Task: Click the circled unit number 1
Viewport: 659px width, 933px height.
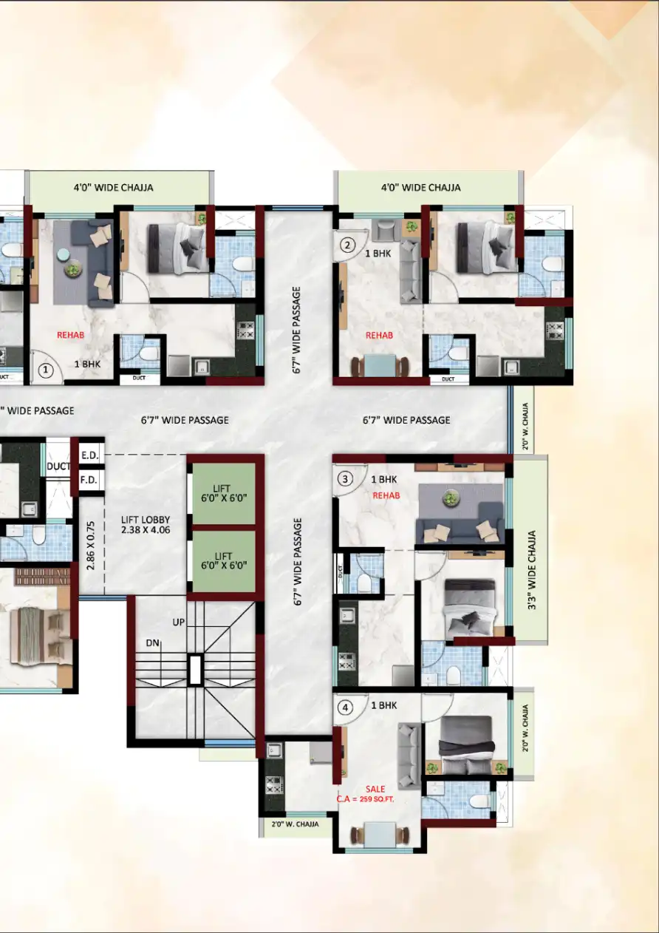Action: (47, 370)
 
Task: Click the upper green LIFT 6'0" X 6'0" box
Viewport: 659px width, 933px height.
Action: (223, 493)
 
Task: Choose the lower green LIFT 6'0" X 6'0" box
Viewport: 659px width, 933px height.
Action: (223, 561)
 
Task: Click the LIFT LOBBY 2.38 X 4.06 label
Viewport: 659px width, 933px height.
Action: (146, 524)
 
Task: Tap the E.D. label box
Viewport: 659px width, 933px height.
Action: (89, 455)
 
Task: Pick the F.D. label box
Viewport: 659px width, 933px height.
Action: (89, 481)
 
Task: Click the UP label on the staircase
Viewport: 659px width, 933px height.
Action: (179, 622)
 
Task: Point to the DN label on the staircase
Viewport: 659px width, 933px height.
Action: (153, 642)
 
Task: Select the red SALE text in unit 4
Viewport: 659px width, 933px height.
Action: (375, 790)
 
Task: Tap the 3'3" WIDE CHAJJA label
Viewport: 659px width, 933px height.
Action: (531, 549)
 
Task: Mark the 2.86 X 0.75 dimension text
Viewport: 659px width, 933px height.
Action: (91, 545)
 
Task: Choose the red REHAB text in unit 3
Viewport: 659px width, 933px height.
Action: (386, 495)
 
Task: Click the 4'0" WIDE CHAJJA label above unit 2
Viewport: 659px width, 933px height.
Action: (420, 188)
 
